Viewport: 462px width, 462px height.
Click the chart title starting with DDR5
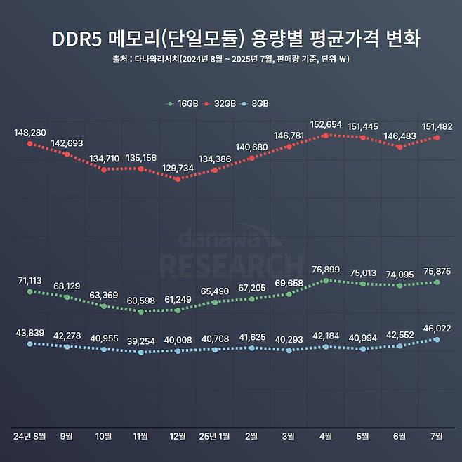(231, 39)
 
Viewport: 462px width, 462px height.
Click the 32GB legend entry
(220, 103)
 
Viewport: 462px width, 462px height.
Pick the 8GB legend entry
(256, 103)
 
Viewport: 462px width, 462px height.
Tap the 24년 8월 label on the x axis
(29, 436)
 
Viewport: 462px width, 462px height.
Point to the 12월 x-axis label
(178, 436)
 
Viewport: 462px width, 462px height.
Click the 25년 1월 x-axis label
(215, 436)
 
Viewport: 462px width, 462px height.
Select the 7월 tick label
(437, 436)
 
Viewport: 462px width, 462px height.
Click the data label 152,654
(325, 124)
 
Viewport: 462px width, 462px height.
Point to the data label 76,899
(325, 270)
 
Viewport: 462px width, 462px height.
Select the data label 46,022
(437, 328)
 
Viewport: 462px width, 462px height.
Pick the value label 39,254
(140, 341)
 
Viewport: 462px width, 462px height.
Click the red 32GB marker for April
(326, 135)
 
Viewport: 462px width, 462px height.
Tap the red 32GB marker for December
(178, 179)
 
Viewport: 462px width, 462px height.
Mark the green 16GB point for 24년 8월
(29, 291)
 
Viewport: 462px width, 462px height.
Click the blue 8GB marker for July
(437, 339)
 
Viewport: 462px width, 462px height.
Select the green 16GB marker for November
(140, 311)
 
